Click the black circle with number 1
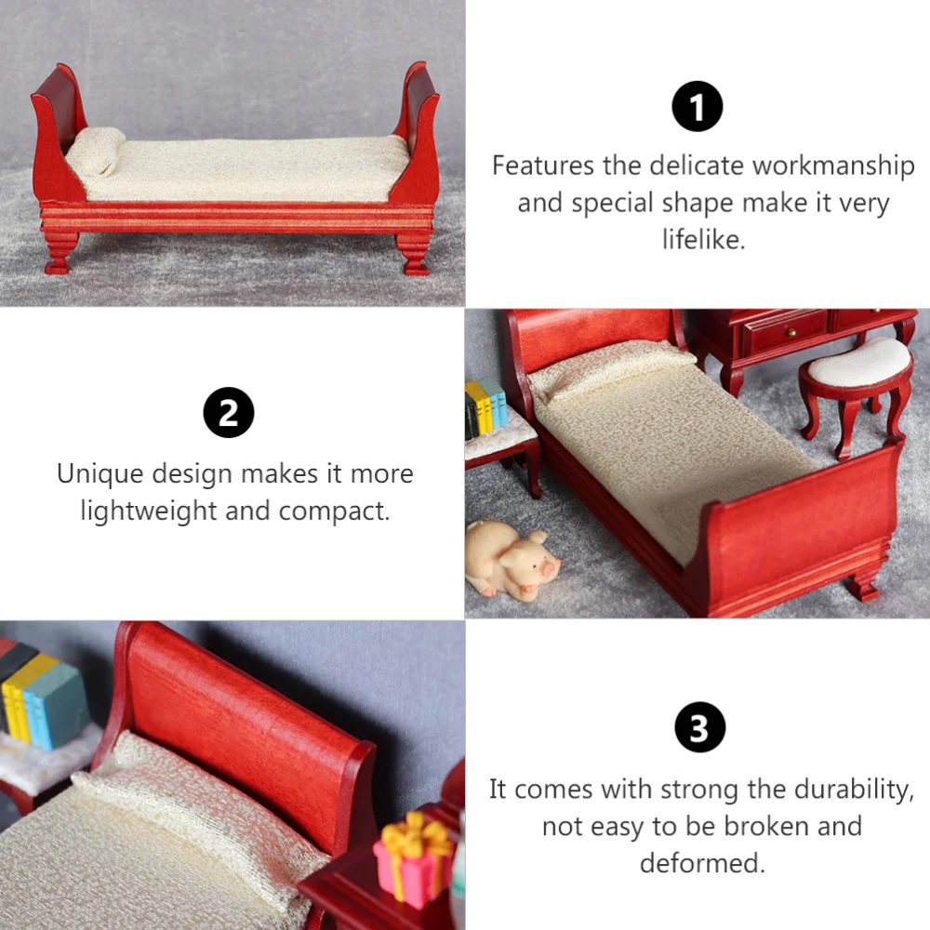tap(697, 106)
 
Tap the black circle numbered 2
tap(229, 413)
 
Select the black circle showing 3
tap(698, 730)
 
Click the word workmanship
tap(833, 166)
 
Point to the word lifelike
tap(703, 240)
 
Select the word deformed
tap(702, 862)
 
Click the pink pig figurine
tap(511, 558)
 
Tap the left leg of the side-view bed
tap(59, 254)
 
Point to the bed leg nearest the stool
tap(863, 585)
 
